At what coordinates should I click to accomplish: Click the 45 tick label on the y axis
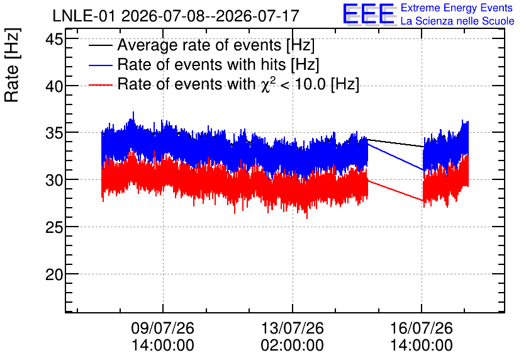click(x=54, y=39)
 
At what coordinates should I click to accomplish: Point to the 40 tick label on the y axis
click(x=54, y=87)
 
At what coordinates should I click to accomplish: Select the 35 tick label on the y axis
click(x=54, y=133)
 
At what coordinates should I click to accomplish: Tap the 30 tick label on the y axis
click(x=54, y=181)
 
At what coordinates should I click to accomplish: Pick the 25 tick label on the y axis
click(x=54, y=228)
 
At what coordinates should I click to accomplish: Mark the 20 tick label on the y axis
click(x=54, y=275)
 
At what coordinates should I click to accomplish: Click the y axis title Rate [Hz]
click(x=12, y=65)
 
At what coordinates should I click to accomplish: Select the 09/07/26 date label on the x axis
click(x=163, y=328)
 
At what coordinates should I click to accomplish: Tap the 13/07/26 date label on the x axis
click(x=292, y=328)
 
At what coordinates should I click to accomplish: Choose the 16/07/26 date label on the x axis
click(x=422, y=328)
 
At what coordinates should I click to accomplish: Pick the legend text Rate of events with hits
click(x=201, y=64)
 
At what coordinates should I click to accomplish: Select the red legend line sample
click(x=100, y=85)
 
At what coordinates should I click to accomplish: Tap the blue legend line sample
click(x=100, y=65)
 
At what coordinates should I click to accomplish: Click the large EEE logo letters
click(x=369, y=14)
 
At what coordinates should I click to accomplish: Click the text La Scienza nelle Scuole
click(x=457, y=21)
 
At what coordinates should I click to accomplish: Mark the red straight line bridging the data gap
click(x=396, y=191)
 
